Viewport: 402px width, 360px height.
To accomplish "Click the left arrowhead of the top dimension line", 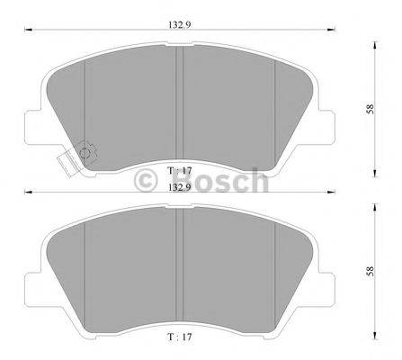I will pos(26,31).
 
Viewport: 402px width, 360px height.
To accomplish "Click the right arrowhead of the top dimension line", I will pos(338,31).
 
